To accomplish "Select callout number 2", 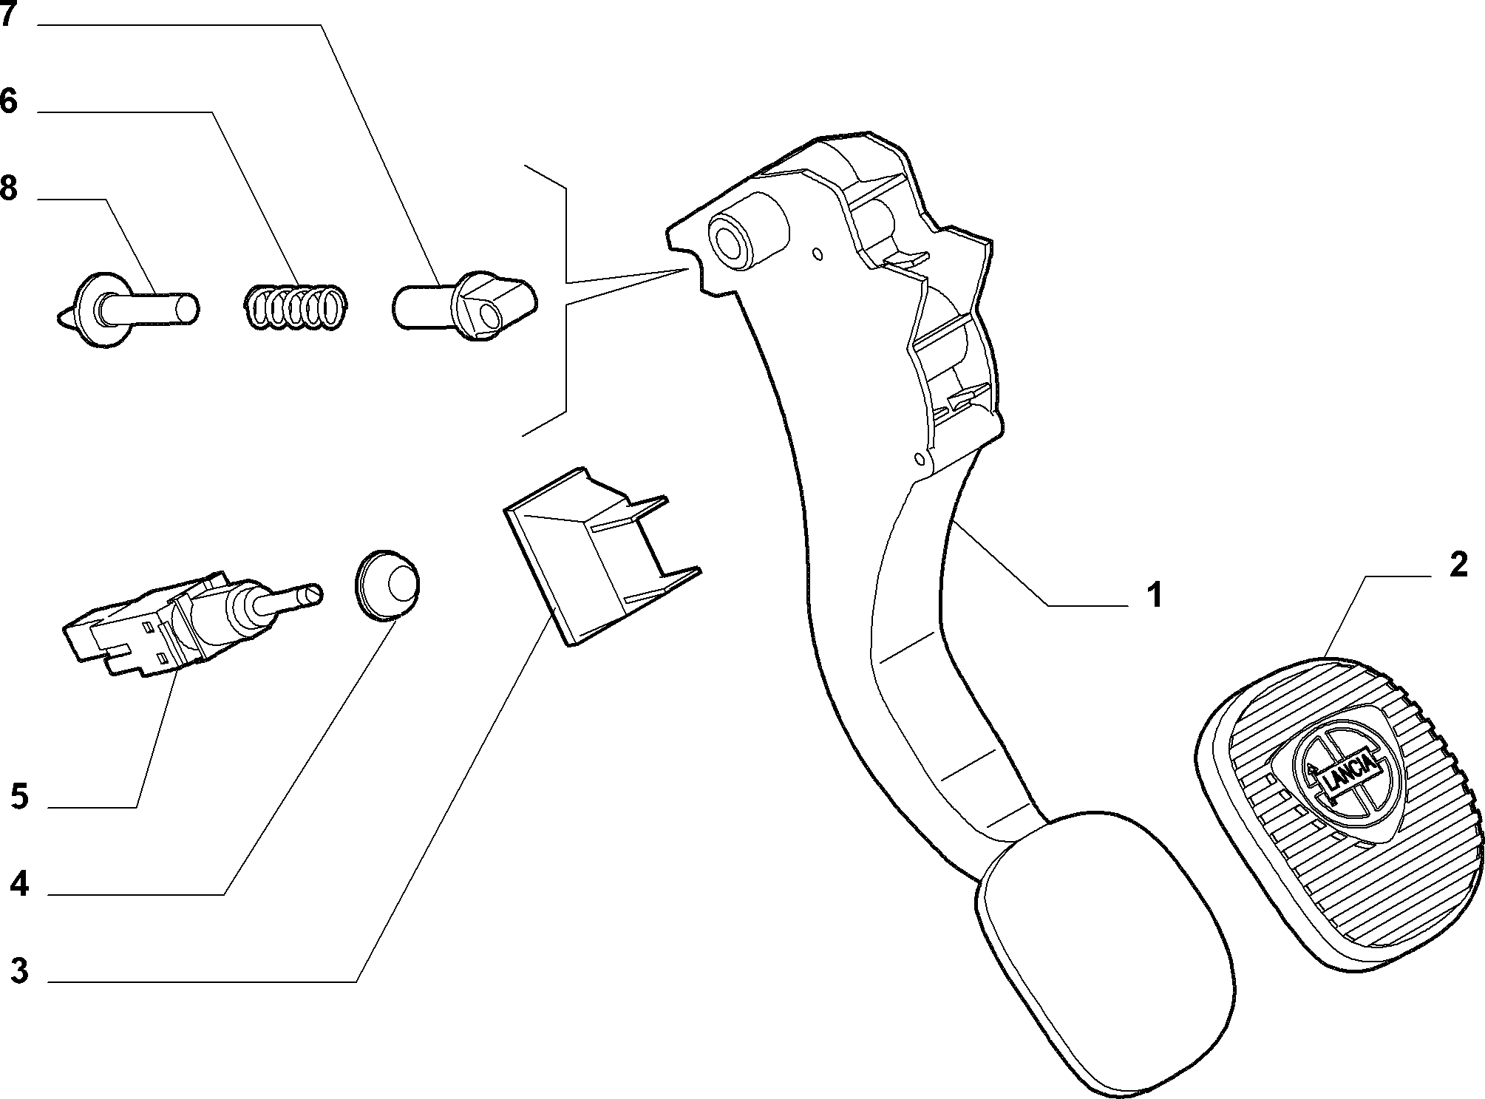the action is tap(1458, 566).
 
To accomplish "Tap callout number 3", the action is tap(20, 970).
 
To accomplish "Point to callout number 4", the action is tap(20, 884).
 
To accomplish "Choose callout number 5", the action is tap(20, 797).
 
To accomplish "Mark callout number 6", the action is tap(8, 101).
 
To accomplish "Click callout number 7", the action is tap(7, 14).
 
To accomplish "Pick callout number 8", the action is tap(8, 188).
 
